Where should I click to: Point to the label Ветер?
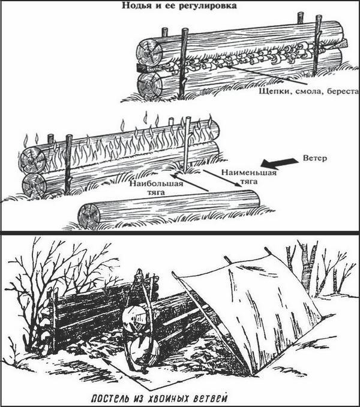tap(315, 158)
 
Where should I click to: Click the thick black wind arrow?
tap(279, 162)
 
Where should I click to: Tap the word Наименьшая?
tap(248, 173)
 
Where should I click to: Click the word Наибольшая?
tap(156, 184)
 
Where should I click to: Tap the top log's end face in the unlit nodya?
tap(150, 53)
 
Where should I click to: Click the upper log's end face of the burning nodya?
tap(32, 160)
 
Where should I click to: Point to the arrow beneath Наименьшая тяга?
tap(221, 178)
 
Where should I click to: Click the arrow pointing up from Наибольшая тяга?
tap(190, 183)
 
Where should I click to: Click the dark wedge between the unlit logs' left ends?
tap(141, 68)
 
